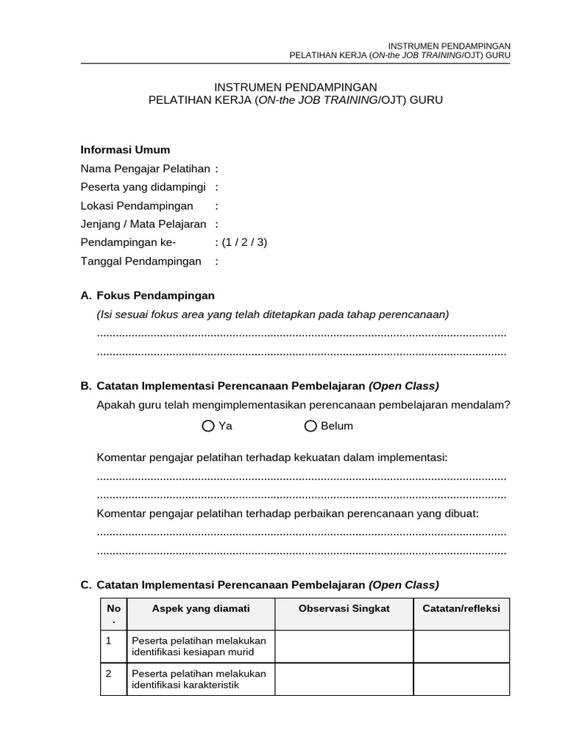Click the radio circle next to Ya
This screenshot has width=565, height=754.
(209, 426)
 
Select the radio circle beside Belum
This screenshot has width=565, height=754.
(310, 426)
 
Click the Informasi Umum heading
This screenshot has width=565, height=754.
(125, 150)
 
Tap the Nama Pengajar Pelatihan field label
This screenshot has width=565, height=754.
(145, 169)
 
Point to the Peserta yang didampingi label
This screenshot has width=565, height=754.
(143, 187)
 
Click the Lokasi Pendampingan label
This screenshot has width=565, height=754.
(137, 205)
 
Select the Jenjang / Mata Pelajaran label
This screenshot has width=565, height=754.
(143, 224)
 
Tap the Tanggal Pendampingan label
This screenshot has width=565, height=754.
(141, 261)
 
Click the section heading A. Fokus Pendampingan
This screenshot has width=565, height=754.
(148, 295)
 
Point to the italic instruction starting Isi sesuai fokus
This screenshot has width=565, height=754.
(273, 314)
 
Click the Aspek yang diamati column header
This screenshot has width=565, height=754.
(201, 608)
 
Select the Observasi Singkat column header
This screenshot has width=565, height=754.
(344, 608)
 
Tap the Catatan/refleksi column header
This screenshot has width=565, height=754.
(461, 608)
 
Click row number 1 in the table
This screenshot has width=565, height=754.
(109, 641)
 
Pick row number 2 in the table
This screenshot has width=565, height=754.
(109, 674)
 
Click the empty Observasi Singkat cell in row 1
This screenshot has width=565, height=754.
(344, 646)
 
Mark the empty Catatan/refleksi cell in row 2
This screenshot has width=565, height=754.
(461, 679)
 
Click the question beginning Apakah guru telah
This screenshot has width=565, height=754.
(303, 405)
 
